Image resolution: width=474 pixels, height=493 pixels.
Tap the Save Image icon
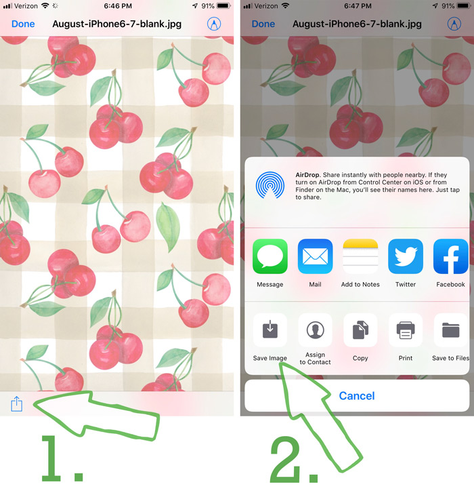270,330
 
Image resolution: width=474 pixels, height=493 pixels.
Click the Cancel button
357,395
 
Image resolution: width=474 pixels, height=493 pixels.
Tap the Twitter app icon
405,256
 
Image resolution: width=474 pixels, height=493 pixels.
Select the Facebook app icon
450,256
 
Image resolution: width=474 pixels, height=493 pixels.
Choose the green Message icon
270,256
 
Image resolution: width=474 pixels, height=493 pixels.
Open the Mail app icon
315,256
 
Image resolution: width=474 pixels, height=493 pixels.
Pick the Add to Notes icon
360,256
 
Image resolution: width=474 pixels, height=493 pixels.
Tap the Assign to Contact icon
315,330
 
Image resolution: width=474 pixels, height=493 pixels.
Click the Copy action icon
360,330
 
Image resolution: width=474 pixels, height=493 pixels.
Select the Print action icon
406,330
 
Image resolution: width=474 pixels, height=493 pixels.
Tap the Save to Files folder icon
451,330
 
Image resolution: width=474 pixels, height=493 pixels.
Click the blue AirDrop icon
270,185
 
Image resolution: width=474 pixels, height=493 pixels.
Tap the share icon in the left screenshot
17,403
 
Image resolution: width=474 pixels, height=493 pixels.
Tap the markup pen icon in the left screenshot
214,24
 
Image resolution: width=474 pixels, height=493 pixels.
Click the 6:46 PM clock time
118,6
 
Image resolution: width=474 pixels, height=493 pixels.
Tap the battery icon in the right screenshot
463,6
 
